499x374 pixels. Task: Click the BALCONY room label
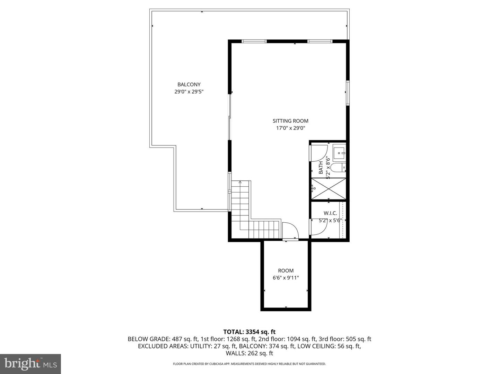click(x=189, y=84)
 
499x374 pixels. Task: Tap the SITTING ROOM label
click(x=290, y=121)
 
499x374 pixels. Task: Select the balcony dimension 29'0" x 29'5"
click(x=189, y=92)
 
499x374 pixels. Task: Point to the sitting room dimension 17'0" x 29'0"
click(x=290, y=128)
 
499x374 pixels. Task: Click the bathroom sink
click(x=339, y=152)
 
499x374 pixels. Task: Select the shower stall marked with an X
click(x=329, y=189)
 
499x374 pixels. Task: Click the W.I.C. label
click(x=330, y=213)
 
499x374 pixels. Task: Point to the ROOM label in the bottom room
click(x=286, y=270)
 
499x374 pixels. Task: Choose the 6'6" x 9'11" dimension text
click(x=286, y=278)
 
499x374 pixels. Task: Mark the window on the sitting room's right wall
click(x=347, y=92)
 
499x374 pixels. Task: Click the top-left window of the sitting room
click(x=254, y=42)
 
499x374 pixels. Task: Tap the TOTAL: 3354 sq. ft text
click(x=249, y=332)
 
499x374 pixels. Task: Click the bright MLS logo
click(x=30, y=364)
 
